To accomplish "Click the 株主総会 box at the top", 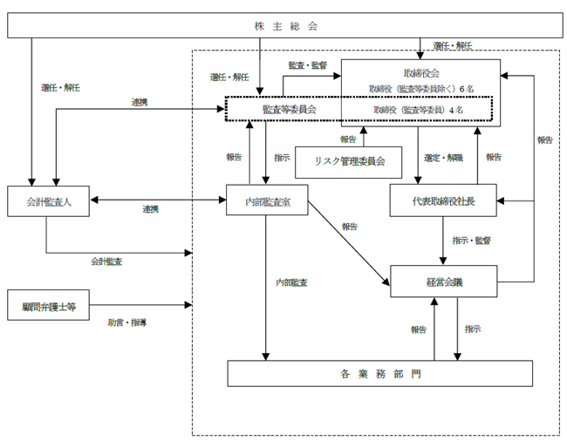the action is tap(285, 25).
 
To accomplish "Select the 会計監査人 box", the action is tap(49, 201).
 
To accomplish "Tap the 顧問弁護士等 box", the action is tap(49, 305).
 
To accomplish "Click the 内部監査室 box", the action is tap(267, 200).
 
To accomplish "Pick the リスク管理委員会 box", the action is tap(349, 162).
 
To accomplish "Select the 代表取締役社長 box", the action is tap(443, 200).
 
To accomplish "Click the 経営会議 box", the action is tap(444, 282).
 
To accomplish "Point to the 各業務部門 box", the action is tap(380, 374).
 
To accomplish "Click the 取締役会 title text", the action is tap(421, 73).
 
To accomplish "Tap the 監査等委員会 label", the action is tap(290, 110).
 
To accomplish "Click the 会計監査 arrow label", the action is tap(106, 261).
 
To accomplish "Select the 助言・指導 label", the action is tap(127, 322).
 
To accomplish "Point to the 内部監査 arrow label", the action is tap(292, 282).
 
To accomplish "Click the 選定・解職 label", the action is tap(444, 158).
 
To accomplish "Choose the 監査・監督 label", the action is tap(308, 65).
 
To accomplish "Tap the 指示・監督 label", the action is tap(472, 241).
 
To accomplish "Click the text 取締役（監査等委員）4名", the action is tap(419, 110).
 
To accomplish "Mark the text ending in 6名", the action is tap(421, 89).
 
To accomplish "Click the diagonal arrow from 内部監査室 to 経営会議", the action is tap(349, 243).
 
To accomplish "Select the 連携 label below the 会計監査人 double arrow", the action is tap(150, 209).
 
